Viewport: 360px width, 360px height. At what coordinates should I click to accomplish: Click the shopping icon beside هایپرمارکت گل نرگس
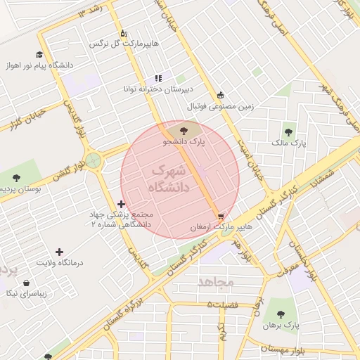(x=124, y=33)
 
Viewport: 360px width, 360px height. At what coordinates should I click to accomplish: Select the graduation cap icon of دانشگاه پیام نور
(x=39, y=54)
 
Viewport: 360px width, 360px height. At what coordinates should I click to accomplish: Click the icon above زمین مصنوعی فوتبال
(x=221, y=95)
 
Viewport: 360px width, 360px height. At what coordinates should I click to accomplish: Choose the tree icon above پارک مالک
(x=289, y=131)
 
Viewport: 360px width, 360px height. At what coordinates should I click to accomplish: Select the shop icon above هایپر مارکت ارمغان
(x=221, y=216)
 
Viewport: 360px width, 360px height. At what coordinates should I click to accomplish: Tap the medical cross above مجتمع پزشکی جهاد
(x=122, y=203)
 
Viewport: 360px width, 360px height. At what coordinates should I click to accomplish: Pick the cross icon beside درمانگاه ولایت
(x=59, y=251)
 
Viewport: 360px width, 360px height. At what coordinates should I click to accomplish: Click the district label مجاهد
(x=216, y=281)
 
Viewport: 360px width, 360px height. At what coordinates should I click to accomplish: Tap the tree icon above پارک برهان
(x=281, y=314)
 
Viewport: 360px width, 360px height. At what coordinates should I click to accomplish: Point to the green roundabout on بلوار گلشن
(x=92, y=160)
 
